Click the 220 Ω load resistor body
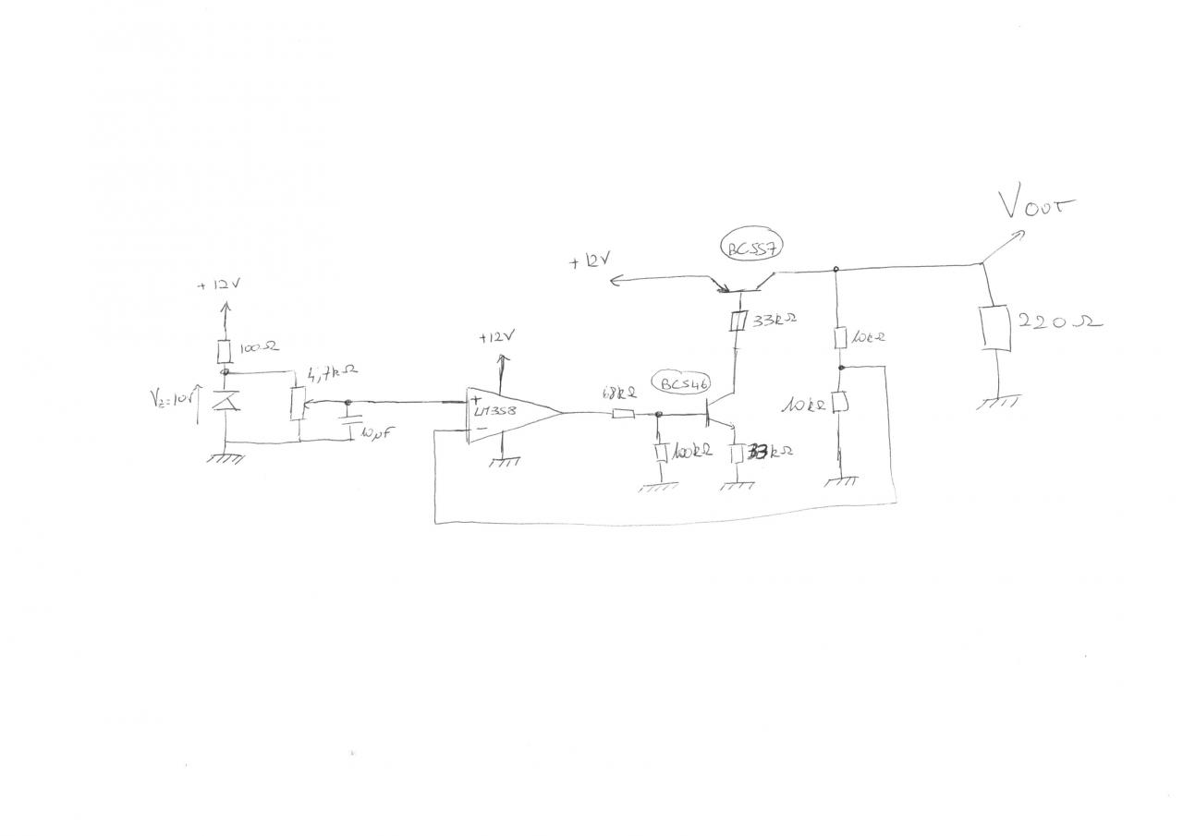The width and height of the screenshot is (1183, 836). (x=997, y=330)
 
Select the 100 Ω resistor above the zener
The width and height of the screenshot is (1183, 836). (x=224, y=351)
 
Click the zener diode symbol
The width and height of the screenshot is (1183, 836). (x=225, y=403)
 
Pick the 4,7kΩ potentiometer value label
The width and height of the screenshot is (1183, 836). (x=332, y=374)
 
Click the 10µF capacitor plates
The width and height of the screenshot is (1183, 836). (x=348, y=423)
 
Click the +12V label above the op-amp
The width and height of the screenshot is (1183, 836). (x=494, y=338)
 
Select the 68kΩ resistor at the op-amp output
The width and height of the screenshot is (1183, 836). (x=623, y=414)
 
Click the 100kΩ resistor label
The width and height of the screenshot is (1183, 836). (x=691, y=453)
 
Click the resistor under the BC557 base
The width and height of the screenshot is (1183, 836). (x=738, y=321)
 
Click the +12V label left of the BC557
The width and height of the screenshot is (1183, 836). (x=590, y=263)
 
